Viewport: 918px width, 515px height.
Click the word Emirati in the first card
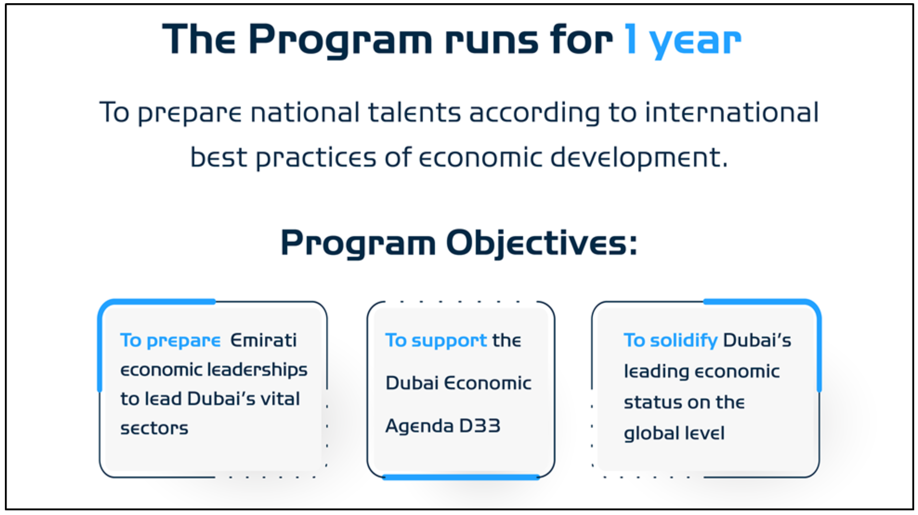coord(263,340)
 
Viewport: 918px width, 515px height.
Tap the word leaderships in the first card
coord(257,370)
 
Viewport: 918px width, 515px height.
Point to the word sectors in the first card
coord(154,428)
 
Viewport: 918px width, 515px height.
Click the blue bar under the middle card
coord(461,477)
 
